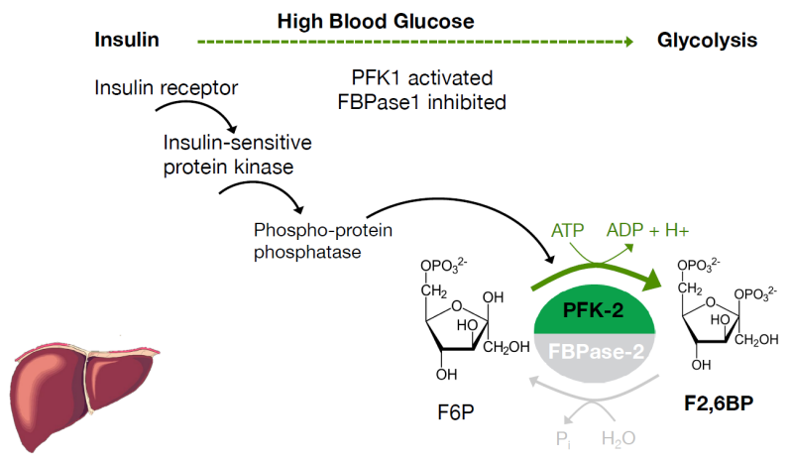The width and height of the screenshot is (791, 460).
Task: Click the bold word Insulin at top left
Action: pyautogui.click(x=127, y=40)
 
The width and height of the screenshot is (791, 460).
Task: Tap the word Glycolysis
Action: pyautogui.click(x=707, y=41)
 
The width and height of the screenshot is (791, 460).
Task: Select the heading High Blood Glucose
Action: pyautogui.click(x=376, y=21)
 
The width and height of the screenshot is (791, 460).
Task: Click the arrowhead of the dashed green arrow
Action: pyautogui.click(x=629, y=42)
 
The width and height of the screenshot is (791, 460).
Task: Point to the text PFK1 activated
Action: pyautogui.click(x=421, y=78)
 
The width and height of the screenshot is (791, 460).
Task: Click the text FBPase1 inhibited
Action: pyautogui.click(x=421, y=102)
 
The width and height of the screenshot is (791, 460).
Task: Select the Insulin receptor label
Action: pyautogui.click(x=166, y=88)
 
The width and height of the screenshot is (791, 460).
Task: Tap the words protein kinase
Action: pyautogui.click(x=228, y=168)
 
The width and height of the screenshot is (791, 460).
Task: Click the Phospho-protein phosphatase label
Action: pyautogui.click(x=323, y=241)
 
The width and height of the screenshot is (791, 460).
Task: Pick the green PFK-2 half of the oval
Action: pyautogui.click(x=595, y=309)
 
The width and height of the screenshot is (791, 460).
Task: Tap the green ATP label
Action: pyautogui.click(x=567, y=231)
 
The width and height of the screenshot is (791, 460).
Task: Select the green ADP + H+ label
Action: pyautogui.click(x=647, y=231)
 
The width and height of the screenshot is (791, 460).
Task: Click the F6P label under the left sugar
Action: pyautogui.click(x=456, y=412)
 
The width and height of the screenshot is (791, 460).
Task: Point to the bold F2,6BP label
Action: pyautogui.click(x=719, y=403)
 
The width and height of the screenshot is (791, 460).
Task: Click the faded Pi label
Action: pyautogui.click(x=563, y=439)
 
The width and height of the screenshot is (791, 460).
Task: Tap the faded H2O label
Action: pyautogui.click(x=618, y=439)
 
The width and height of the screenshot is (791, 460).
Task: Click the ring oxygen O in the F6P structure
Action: pyautogui.click(x=457, y=305)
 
